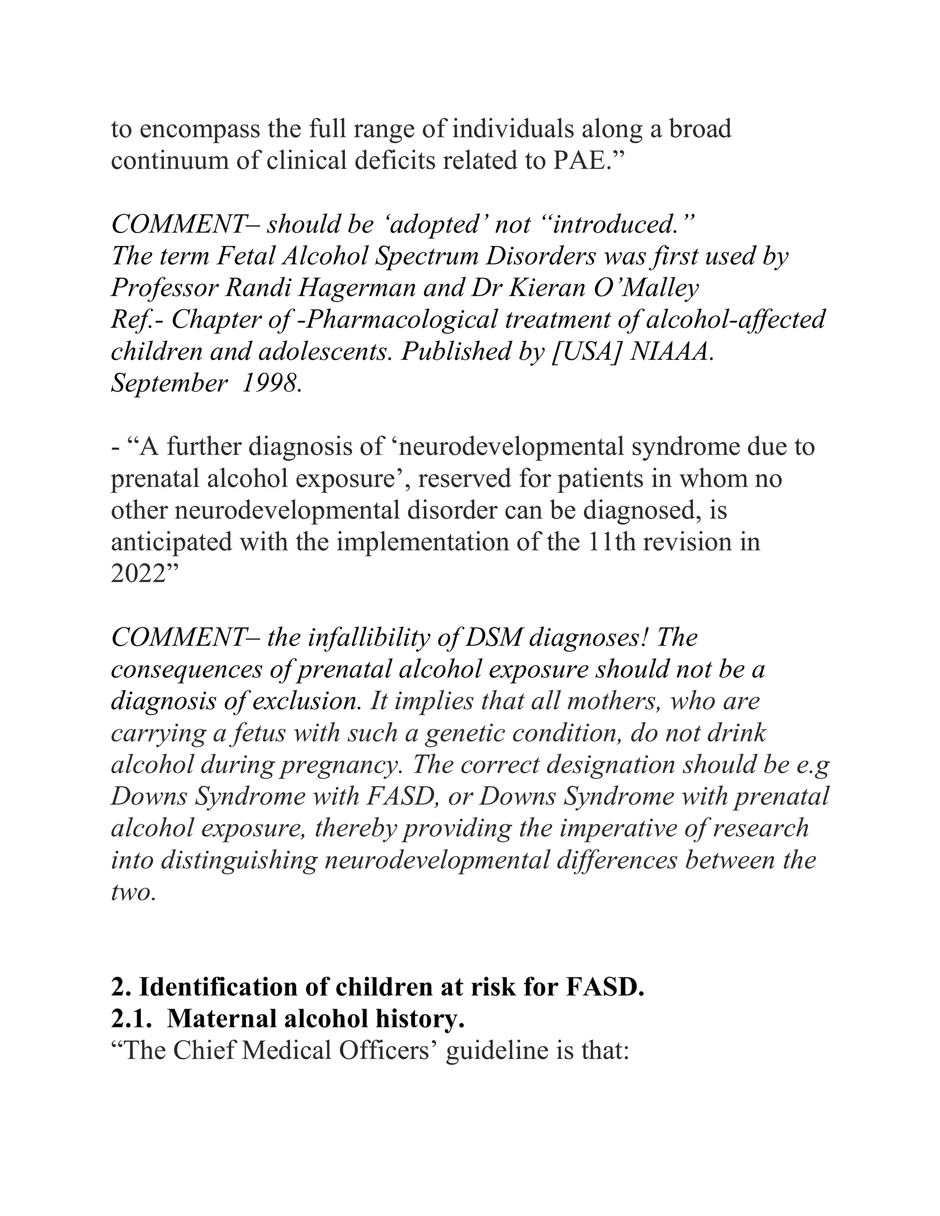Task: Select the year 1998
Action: coord(271,384)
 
